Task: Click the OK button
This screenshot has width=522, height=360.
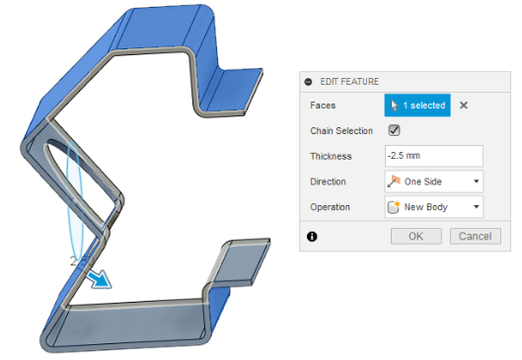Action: (415, 236)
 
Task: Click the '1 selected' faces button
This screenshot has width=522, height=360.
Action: (417, 105)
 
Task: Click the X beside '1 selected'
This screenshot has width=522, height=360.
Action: (465, 105)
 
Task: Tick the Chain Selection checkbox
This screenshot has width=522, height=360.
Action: (394, 130)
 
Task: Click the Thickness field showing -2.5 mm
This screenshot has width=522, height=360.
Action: (433, 156)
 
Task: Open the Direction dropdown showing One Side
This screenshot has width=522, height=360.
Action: (433, 181)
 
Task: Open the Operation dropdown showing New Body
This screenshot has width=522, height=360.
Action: (433, 207)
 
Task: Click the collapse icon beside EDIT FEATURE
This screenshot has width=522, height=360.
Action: (309, 82)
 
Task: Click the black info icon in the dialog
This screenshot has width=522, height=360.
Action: (312, 237)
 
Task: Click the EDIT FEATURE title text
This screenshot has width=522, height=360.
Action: (349, 82)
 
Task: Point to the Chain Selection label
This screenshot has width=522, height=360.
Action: (341, 130)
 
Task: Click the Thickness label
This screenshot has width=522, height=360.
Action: (331, 156)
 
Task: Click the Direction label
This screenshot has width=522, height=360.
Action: (330, 181)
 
